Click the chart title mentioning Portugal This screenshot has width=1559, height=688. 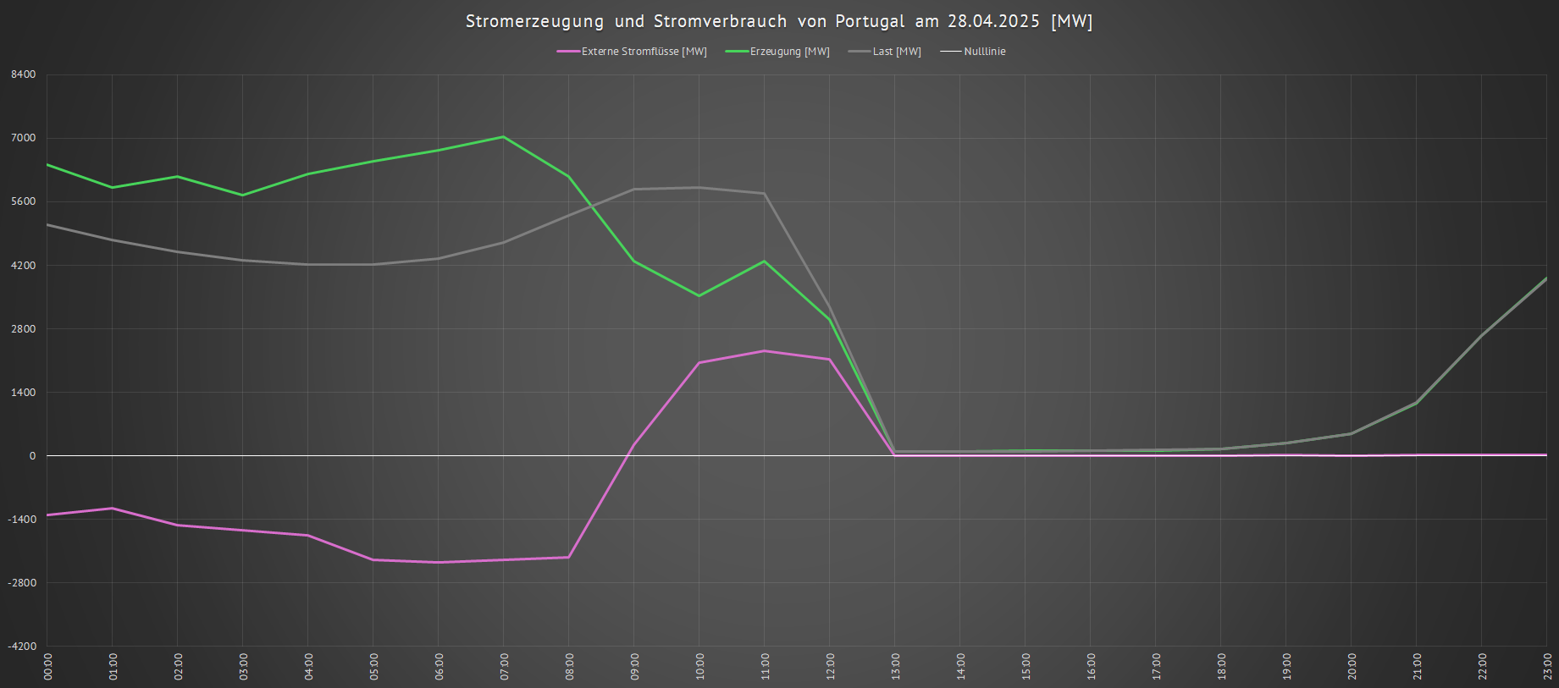(x=779, y=21)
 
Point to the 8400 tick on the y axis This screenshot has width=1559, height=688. (x=24, y=74)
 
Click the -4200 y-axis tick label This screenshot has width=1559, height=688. (x=22, y=647)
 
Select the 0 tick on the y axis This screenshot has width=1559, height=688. (x=33, y=456)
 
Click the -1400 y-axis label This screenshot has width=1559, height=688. (x=22, y=520)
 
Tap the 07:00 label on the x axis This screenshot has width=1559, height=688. (x=505, y=666)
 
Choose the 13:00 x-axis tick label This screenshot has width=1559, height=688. (x=896, y=666)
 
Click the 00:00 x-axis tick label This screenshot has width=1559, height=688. (x=48, y=666)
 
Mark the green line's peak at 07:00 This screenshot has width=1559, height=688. (x=504, y=136)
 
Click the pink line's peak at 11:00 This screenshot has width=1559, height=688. (x=765, y=350)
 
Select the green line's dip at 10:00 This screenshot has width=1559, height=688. (x=699, y=295)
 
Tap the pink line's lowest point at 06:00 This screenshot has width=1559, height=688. (x=439, y=562)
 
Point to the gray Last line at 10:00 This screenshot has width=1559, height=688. (x=699, y=187)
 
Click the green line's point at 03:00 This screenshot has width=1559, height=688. (x=243, y=195)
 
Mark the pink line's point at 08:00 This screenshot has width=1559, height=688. (x=569, y=557)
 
